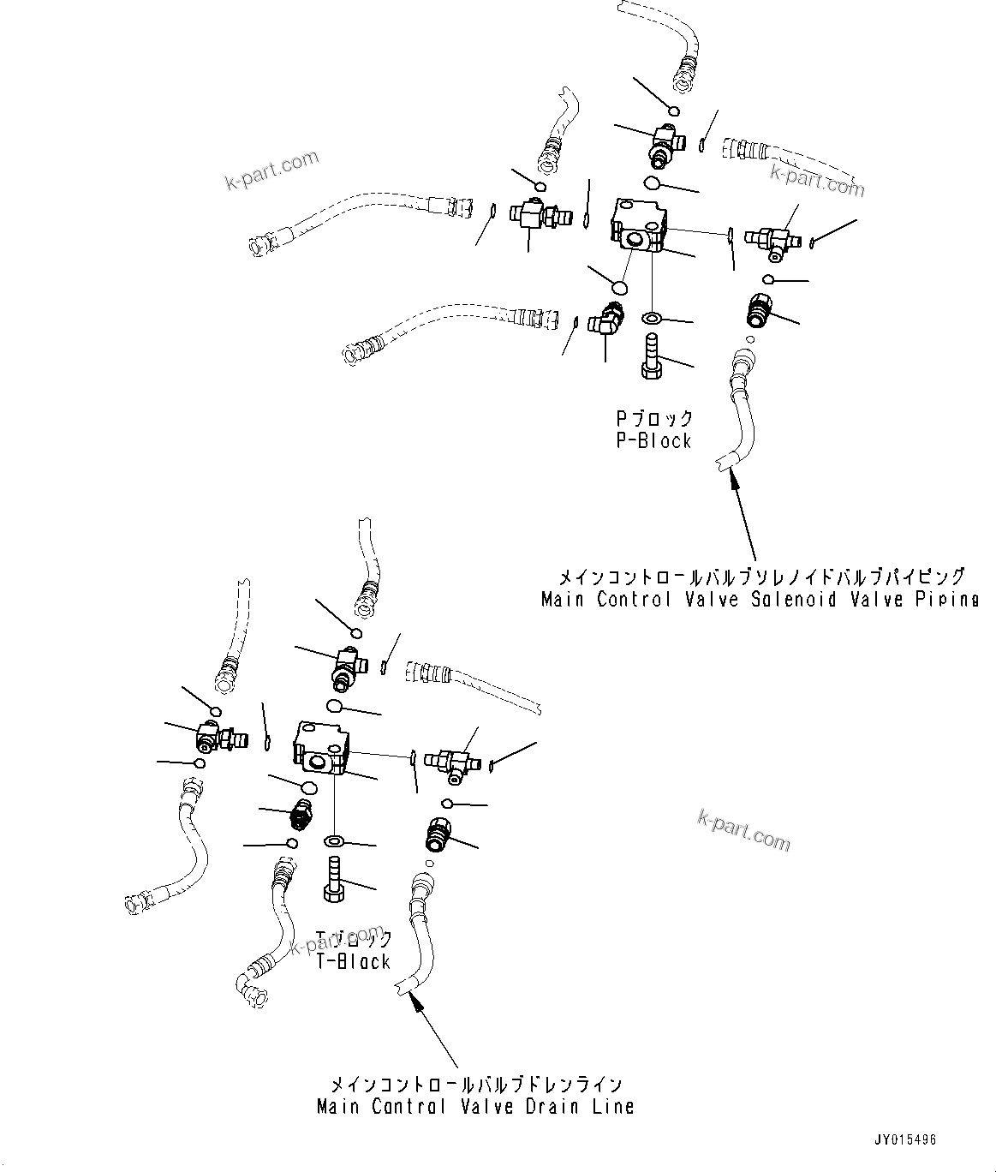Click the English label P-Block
(x=653, y=441)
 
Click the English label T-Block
(x=353, y=961)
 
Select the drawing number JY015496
(x=905, y=1140)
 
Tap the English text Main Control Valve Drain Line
(x=475, y=1106)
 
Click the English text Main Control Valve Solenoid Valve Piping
(x=759, y=600)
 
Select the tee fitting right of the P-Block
(x=771, y=241)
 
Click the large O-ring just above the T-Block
(x=335, y=706)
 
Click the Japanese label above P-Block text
(x=653, y=419)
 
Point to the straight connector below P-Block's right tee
(x=758, y=309)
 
